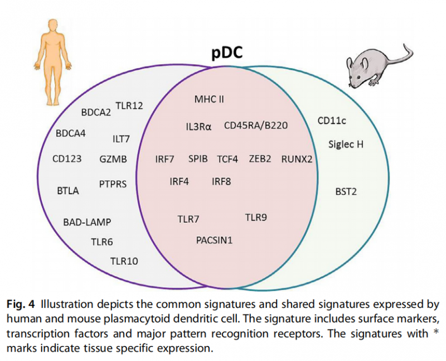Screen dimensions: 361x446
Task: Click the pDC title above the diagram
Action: [x=227, y=54]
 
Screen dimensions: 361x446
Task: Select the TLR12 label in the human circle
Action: [x=129, y=105]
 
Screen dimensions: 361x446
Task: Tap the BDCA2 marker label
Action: [x=96, y=112]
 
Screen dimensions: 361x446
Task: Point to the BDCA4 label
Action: [x=71, y=134]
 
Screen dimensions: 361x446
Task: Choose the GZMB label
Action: [x=113, y=159]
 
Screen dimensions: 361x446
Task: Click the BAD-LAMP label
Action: [x=87, y=223]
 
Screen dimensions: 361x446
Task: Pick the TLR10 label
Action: [x=124, y=261]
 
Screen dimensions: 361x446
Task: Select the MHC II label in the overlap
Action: [x=209, y=100]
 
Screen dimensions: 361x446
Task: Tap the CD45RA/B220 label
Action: [x=256, y=126]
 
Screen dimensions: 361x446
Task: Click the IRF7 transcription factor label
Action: [x=164, y=159]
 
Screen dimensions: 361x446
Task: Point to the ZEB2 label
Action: [x=260, y=159]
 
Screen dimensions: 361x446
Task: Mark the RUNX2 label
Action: [x=297, y=159]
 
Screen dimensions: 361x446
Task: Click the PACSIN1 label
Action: [x=214, y=240]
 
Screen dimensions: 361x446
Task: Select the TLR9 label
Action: [x=256, y=217]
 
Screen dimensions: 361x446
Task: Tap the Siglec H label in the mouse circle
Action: [x=346, y=145]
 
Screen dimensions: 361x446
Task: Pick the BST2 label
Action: [x=346, y=191]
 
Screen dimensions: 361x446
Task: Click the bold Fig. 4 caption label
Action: [x=21, y=305]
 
